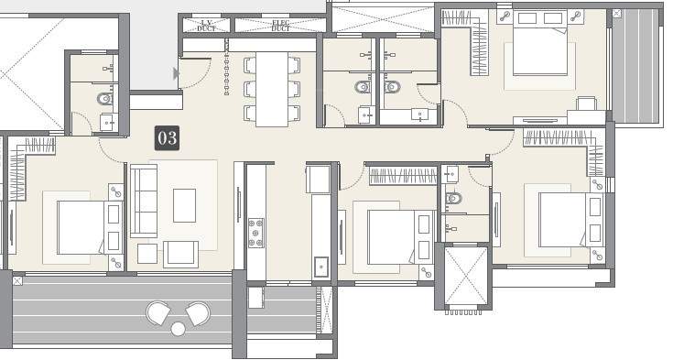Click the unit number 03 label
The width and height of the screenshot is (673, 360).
pyautogui.click(x=167, y=138)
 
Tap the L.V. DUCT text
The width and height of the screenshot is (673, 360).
pyautogui.click(x=206, y=26)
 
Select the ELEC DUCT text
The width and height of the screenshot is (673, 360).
pyautogui.click(x=280, y=26)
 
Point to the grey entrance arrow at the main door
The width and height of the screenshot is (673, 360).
pyautogui.click(x=177, y=73)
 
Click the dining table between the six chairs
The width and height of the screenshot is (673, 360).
pyautogui.click(x=272, y=88)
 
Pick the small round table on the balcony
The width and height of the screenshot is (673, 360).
pyautogui.click(x=178, y=328)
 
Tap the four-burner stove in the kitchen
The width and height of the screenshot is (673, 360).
pyautogui.click(x=256, y=234)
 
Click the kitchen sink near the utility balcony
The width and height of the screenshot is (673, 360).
pyautogui.click(x=320, y=267)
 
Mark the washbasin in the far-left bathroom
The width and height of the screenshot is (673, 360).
pyautogui.click(x=108, y=123)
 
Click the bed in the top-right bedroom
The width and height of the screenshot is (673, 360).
pyautogui.click(x=540, y=44)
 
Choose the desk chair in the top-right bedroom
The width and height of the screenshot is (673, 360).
pyautogui.click(x=586, y=104)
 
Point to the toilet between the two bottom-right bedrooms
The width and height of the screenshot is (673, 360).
pyautogui.click(x=453, y=198)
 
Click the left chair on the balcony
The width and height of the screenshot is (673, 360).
pyautogui.click(x=158, y=314)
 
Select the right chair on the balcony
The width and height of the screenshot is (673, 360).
pyautogui.click(x=198, y=314)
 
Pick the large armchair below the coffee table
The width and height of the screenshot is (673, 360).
pyautogui.click(x=180, y=254)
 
